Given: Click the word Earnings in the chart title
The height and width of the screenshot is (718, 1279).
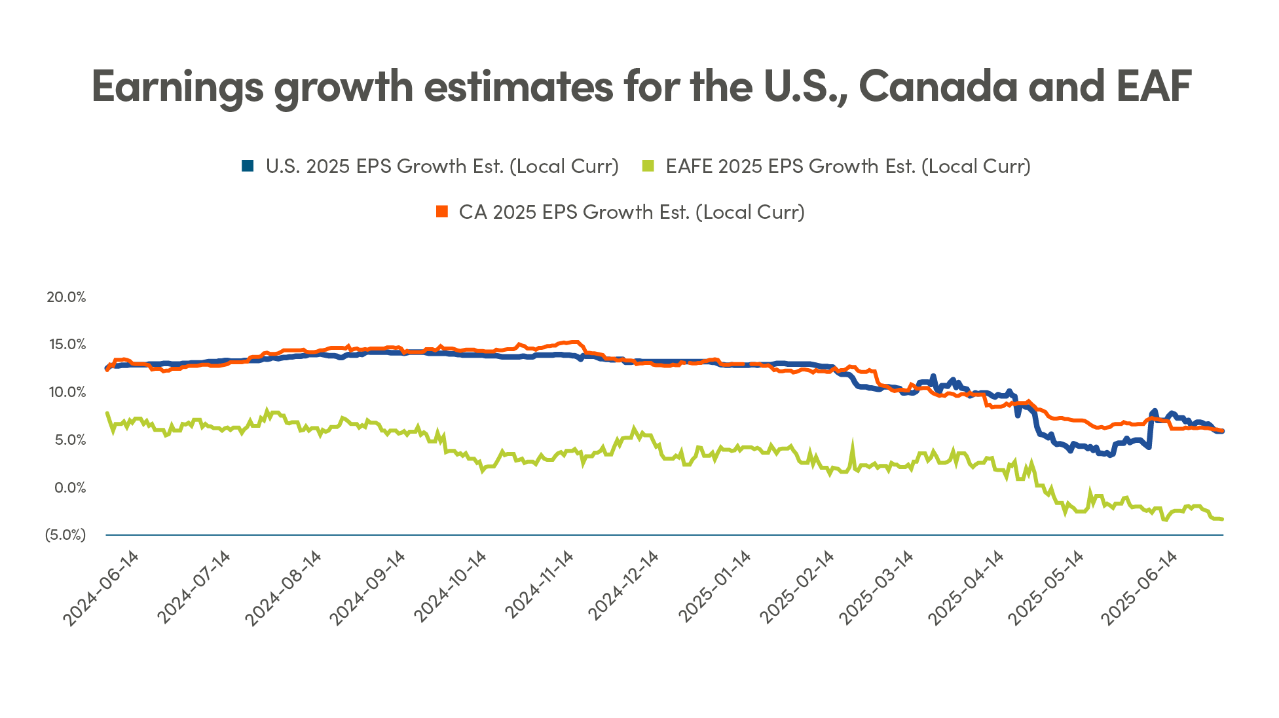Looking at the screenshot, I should click(x=177, y=86).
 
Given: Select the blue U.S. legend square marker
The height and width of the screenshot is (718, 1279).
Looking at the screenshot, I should click(x=248, y=166).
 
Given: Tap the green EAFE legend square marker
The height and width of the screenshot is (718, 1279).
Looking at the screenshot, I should click(x=648, y=166).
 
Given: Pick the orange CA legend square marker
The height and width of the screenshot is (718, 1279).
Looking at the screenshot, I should click(x=442, y=212).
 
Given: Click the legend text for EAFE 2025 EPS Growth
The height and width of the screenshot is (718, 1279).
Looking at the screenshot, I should click(x=848, y=166).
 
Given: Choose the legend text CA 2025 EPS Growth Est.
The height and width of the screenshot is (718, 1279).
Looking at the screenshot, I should click(x=631, y=212).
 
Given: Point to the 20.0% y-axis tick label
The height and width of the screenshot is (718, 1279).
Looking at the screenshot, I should click(x=66, y=297).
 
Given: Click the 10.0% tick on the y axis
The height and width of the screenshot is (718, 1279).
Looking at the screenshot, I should click(x=66, y=392).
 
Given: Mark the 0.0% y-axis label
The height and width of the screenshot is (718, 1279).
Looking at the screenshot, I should click(x=69, y=487).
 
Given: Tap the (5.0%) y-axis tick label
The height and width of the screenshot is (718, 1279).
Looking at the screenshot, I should click(x=65, y=535).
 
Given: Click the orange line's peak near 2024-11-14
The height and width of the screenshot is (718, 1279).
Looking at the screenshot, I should click(x=575, y=342).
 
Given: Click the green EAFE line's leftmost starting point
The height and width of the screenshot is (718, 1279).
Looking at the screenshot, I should click(x=107, y=413).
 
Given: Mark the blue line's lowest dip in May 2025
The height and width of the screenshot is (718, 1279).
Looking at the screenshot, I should click(x=1109, y=455).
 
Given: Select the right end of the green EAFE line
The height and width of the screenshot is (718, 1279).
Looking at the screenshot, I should click(x=1222, y=519).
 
